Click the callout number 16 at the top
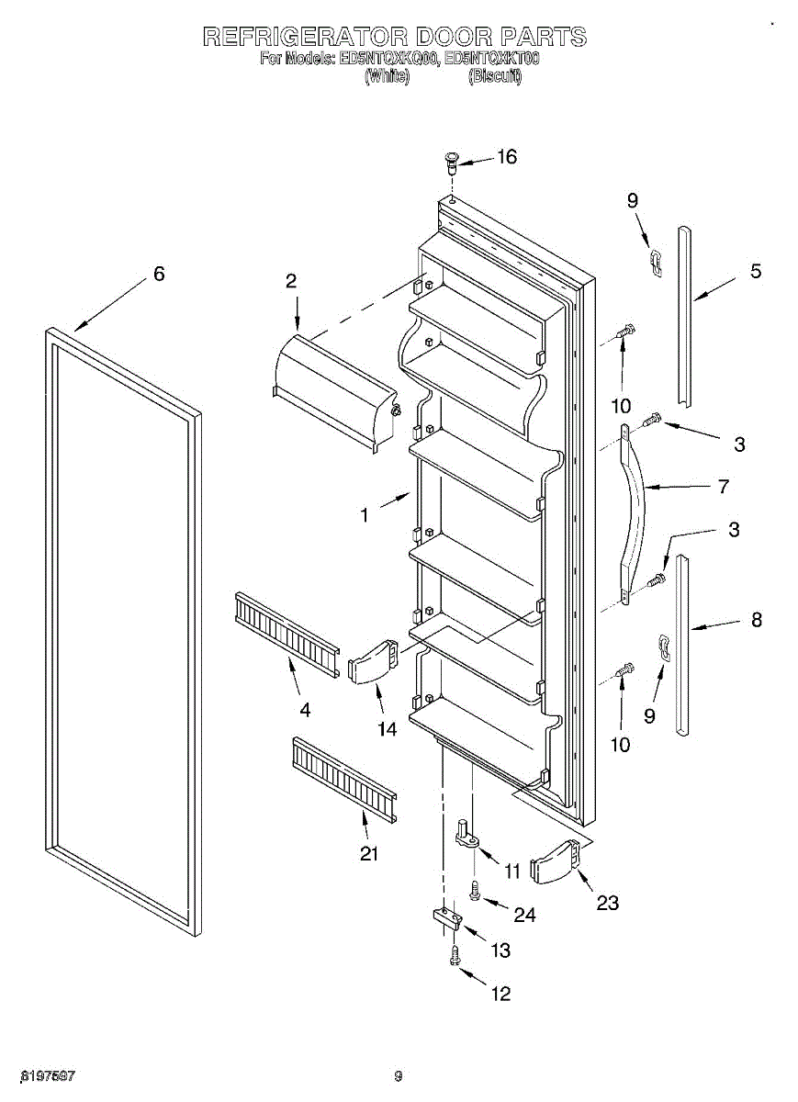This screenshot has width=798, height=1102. click(506, 157)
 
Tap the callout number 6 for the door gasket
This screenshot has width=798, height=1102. click(159, 274)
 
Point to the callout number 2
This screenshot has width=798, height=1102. click(291, 282)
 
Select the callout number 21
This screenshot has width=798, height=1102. click(368, 853)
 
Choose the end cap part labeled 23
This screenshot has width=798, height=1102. click(556, 860)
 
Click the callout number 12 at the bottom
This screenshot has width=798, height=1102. click(501, 994)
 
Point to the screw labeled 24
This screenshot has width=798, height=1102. click(476, 889)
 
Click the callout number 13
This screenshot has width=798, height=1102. click(500, 950)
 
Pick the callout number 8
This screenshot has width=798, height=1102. click(756, 620)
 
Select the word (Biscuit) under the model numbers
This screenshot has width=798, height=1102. click(495, 77)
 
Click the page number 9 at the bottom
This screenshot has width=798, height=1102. click(399, 1076)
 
